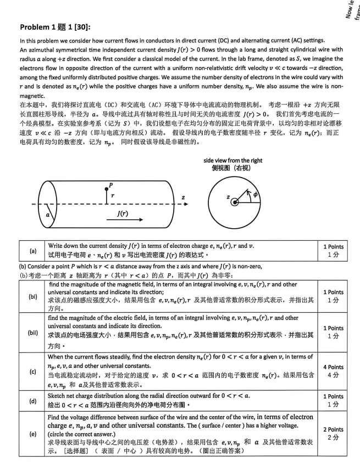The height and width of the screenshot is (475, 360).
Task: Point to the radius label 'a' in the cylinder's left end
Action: [48, 214]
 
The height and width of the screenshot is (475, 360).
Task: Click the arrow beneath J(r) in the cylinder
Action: [123, 220]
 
